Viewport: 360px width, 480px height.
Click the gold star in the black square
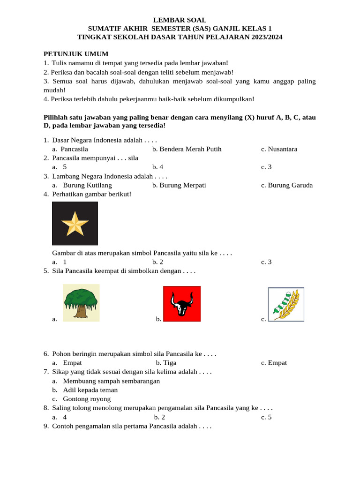[75, 224]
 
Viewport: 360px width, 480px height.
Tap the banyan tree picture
[81, 303]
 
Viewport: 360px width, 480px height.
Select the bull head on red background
[182, 304]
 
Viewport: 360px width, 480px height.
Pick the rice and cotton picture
[286, 304]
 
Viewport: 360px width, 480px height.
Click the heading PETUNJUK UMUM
[76, 54]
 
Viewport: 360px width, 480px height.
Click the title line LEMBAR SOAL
[180, 20]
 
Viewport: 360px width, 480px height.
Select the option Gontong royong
[87, 399]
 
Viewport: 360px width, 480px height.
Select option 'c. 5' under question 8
[267, 417]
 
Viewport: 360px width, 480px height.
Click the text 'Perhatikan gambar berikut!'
[92, 194]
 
